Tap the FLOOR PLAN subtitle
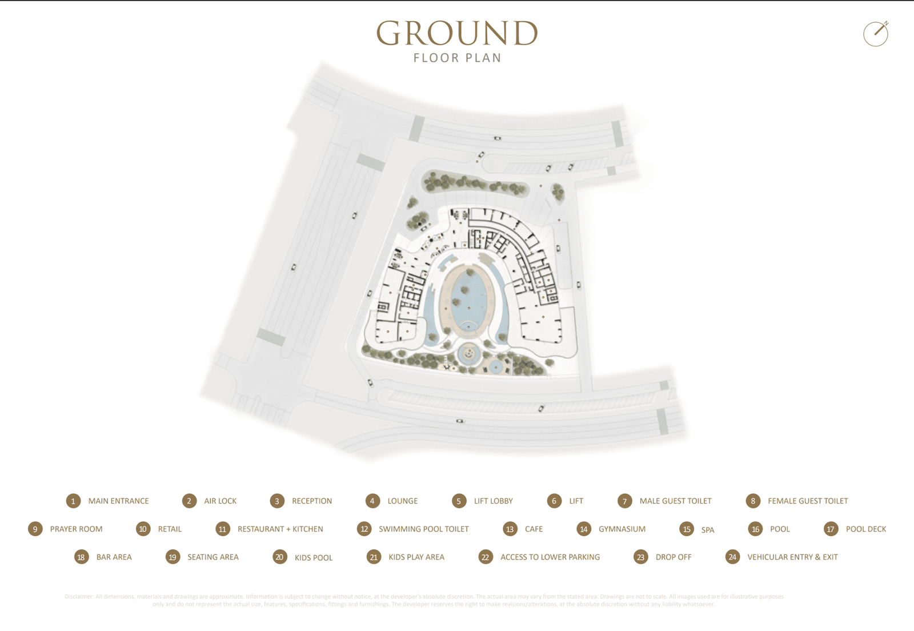pyautogui.click(x=457, y=58)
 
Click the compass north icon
pyautogui.click(x=876, y=34)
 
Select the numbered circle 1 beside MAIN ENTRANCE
pyautogui.click(x=73, y=501)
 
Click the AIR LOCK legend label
pyautogui.click(x=220, y=501)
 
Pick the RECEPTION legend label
pyautogui.click(x=311, y=501)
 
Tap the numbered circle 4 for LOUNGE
pyautogui.click(x=372, y=501)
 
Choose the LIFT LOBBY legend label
pyautogui.click(x=493, y=501)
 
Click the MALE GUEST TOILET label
pyautogui.click(x=675, y=501)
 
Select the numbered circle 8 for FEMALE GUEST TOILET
pyautogui.click(x=753, y=501)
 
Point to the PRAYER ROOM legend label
pyautogui.click(x=76, y=529)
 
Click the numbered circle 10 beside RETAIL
pyautogui.click(x=143, y=529)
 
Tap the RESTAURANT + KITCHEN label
pyautogui.click(x=280, y=529)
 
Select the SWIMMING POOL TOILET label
pyautogui.click(x=423, y=529)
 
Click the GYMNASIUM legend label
pyautogui.click(x=622, y=529)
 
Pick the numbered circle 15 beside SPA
pyautogui.click(x=687, y=529)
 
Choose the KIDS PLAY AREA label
pyautogui.click(x=416, y=557)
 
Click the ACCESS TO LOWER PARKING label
pyautogui.click(x=550, y=557)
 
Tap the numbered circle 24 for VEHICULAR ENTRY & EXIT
pyautogui.click(x=732, y=557)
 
